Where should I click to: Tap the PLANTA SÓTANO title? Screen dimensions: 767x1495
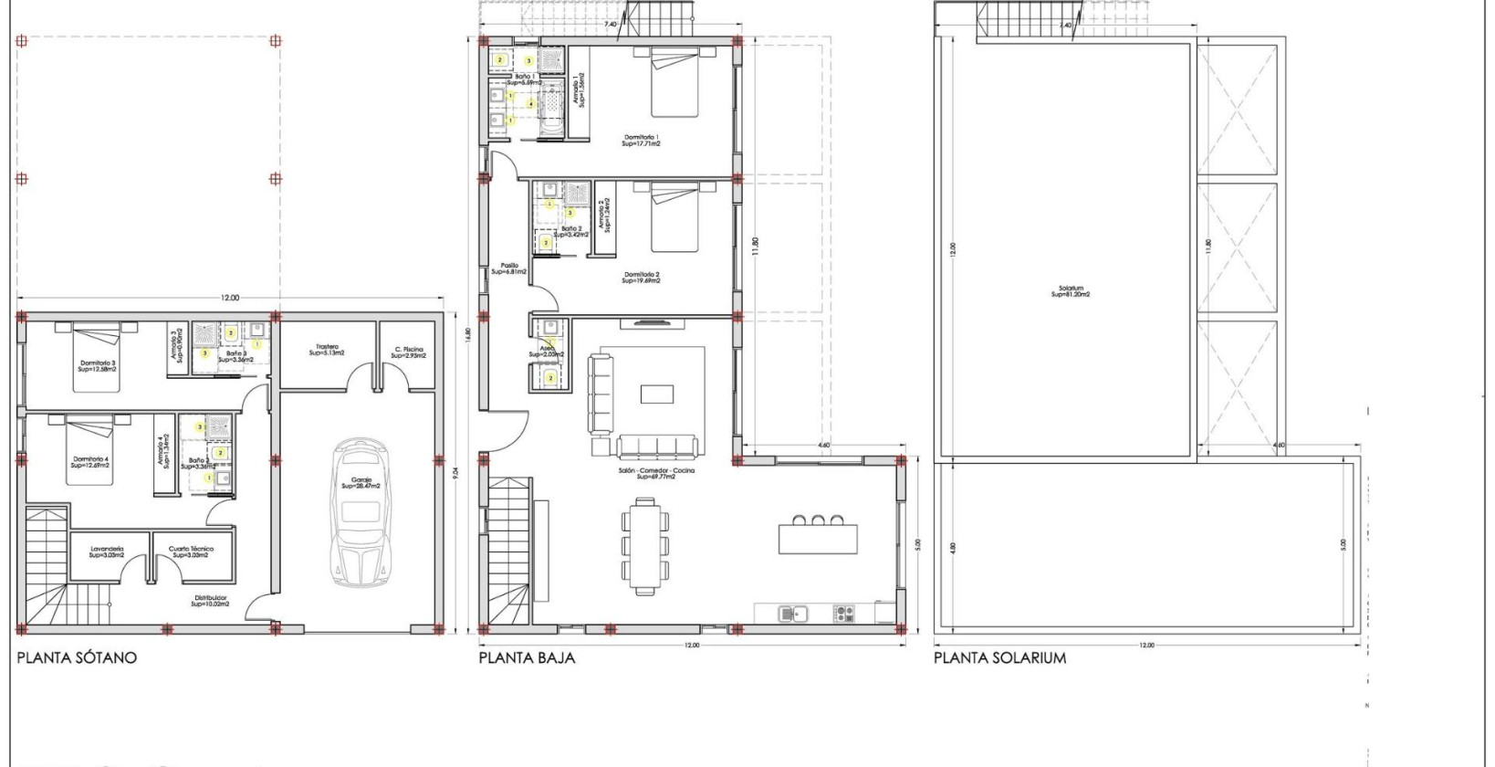coord(77,657)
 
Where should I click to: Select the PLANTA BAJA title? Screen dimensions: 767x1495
coord(527,657)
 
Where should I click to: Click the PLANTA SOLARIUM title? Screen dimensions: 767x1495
coord(999,657)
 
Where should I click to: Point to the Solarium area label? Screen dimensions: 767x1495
coord(1070,291)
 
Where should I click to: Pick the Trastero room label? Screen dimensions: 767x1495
coord(327,350)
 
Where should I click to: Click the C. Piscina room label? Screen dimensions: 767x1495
coord(409,352)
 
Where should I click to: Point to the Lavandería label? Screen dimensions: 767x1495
coord(107,552)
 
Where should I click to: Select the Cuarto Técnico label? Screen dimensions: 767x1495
coord(191,552)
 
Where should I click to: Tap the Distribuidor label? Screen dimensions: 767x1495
coord(210,601)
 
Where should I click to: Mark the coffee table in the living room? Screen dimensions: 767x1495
coord(657,394)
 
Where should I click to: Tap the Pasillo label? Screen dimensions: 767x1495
coord(508,268)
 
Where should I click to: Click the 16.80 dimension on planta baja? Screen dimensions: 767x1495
coord(469,339)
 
